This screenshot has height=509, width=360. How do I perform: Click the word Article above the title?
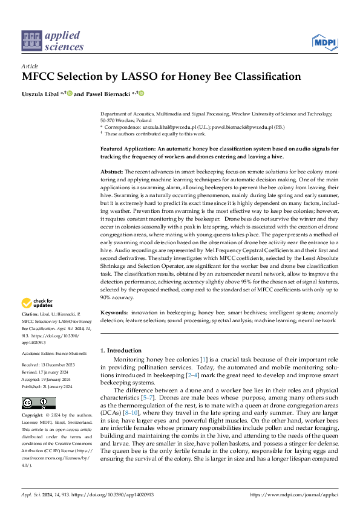click(x=30, y=65)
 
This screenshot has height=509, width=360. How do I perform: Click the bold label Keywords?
click(x=114, y=313)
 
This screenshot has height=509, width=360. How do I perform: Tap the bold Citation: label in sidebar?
click(x=31, y=315)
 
